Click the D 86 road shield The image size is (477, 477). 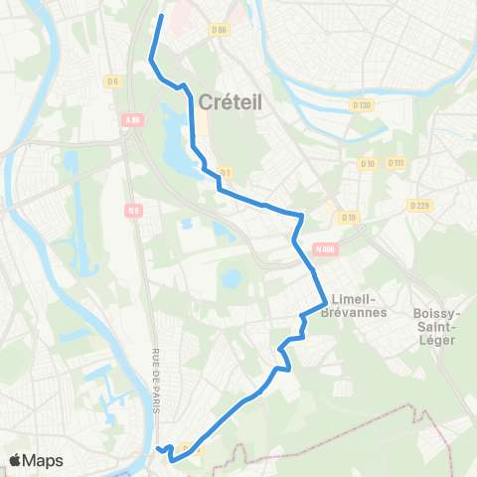pyautogui.click(x=221, y=31)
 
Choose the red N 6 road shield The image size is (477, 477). pyautogui.click(x=133, y=210)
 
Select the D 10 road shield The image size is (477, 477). pyautogui.click(x=368, y=163)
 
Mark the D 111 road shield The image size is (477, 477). pyautogui.click(x=397, y=162)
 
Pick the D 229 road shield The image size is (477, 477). pyautogui.click(x=418, y=205)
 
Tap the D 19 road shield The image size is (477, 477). pyautogui.click(x=348, y=217)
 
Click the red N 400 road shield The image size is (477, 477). pyautogui.click(x=324, y=248)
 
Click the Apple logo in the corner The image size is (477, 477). pyautogui.click(x=17, y=459)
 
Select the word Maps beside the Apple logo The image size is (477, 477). pyautogui.click(x=44, y=460)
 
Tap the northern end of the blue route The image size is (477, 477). pyautogui.click(x=161, y=16)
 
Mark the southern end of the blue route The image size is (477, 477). pyautogui.click(x=158, y=449)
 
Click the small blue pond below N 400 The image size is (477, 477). pyautogui.click(x=231, y=279)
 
